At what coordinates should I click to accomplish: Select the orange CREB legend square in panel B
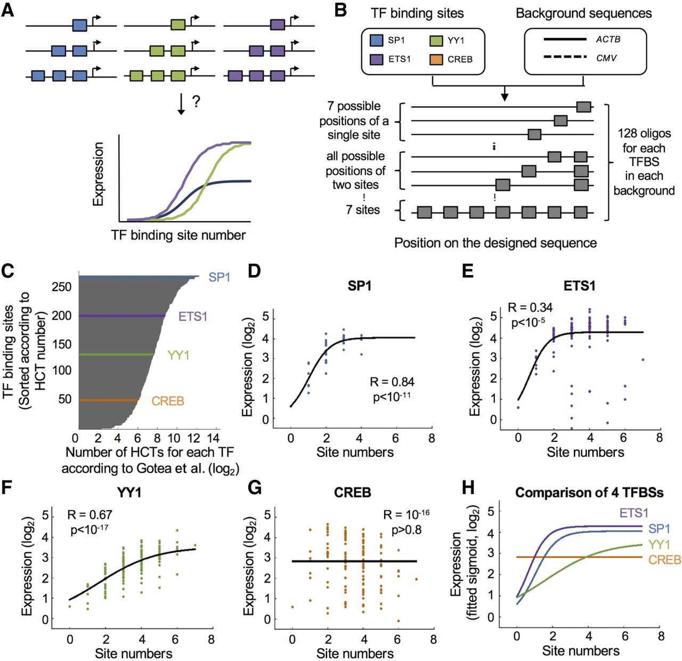[x=436, y=59]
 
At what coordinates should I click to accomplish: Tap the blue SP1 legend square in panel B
[x=376, y=40]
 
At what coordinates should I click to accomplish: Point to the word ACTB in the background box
[x=608, y=39]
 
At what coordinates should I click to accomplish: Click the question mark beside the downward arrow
[x=196, y=102]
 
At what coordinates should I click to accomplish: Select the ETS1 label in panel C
[x=192, y=317]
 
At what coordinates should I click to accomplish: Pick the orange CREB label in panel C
[x=168, y=401]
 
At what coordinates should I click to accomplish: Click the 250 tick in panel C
[x=61, y=287]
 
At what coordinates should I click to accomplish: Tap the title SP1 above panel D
[x=360, y=286]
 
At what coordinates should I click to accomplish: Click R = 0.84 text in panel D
[x=392, y=382]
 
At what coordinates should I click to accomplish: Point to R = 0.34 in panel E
[x=530, y=308]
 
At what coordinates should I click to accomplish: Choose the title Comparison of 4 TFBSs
[x=589, y=493]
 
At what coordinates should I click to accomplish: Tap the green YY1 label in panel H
[x=660, y=545]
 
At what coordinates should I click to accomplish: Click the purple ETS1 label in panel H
[x=634, y=513]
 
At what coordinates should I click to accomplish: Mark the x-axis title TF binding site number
[x=178, y=235]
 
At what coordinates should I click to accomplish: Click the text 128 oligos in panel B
[x=644, y=133]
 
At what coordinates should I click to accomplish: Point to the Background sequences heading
[x=583, y=13]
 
